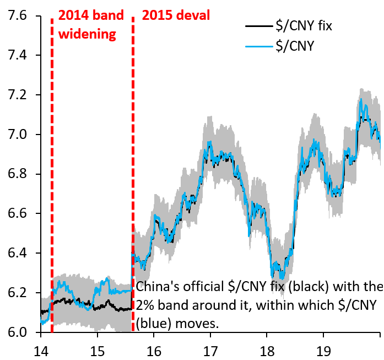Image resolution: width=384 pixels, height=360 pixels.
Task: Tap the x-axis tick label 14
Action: pos(40,350)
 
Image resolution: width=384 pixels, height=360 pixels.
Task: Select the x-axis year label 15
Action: pos(97,350)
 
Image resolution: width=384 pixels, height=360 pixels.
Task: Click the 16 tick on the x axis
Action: pos(154,350)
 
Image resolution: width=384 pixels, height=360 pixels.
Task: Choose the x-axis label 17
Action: pos(210,350)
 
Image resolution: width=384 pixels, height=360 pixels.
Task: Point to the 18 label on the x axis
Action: pos(267,350)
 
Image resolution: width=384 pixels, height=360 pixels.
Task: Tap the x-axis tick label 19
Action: pos(323,350)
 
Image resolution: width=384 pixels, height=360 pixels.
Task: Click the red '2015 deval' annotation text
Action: pos(176,15)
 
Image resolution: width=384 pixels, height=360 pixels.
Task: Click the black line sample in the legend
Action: pos(258,25)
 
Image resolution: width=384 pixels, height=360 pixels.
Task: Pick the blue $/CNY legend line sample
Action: pos(258,46)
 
